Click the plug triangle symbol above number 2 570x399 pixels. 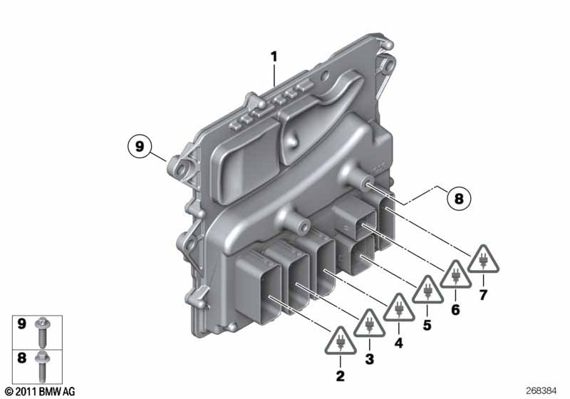click(x=340, y=341)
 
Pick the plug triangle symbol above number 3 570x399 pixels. click(x=369, y=324)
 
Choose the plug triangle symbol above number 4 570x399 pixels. click(x=398, y=309)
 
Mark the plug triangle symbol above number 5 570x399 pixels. click(x=427, y=289)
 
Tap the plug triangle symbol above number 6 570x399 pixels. click(x=455, y=275)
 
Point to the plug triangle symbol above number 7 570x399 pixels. click(x=483, y=260)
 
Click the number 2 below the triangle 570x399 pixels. click(x=340, y=375)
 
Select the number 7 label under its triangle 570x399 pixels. click(x=483, y=294)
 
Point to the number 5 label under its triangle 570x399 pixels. click(x=427, y=324)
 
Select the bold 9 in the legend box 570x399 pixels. click(x=21, y=324)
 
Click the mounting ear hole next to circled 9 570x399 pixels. click(x=177, y=168)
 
